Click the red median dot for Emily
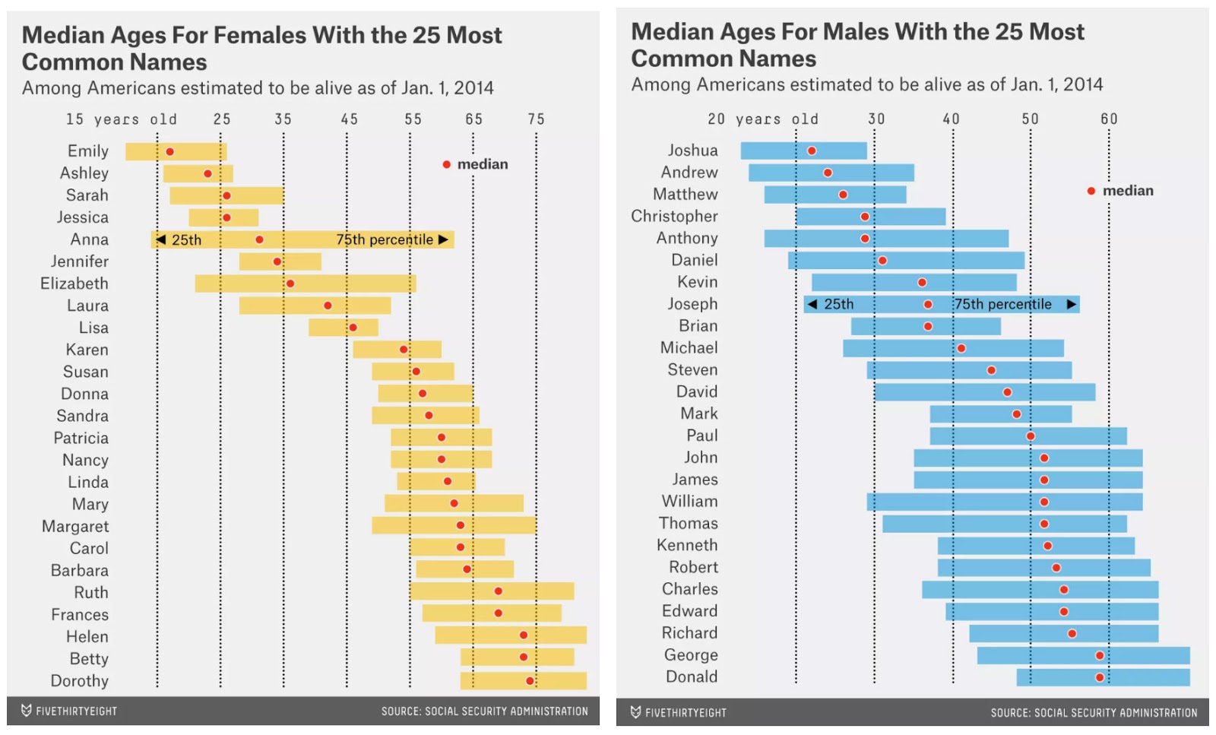tap(169, 152)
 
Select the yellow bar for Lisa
tap(343, 328)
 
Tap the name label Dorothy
tap(80, 681)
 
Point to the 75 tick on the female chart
tap(536, 119)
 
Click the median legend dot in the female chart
tap(447, 164)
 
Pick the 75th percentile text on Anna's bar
tap(385, 240)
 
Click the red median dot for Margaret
tap(461, 525)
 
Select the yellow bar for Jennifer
tap(280, 261)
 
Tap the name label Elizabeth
tap(74, 284)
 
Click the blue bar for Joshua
tap(803, 150)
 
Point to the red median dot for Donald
tap(1100, 677)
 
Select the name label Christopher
tap(674, 217)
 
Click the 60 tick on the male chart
tap(1109, 119)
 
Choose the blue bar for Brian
tap(925, 326)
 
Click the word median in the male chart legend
tap(1128, 191)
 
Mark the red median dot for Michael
tap(961, 348)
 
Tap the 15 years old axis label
tap(122, 119)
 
